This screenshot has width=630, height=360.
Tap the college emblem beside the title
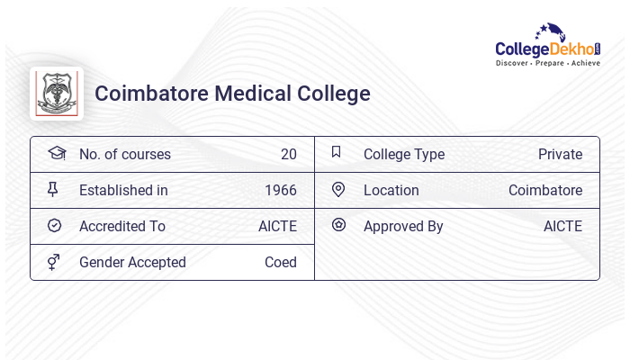click(x=57, y=94)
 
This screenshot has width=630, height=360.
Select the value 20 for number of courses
click(x=288, y=155)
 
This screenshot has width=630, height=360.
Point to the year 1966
click(x=281, y=191)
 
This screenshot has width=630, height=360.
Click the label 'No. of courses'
click(x=124, y=155)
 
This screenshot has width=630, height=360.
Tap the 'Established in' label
click(x=123, y=191)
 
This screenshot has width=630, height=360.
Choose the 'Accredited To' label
click(x=122, y=227)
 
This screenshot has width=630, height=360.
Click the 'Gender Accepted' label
click(x=132, y=263)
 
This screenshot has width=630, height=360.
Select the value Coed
click(x=281, y=263)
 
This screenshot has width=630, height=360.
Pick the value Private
click(x=560, y=155)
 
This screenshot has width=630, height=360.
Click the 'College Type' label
click(x=404, y=155)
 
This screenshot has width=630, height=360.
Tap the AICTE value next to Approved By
click(x=562, y=227)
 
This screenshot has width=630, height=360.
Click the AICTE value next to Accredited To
click(x=277, y=227)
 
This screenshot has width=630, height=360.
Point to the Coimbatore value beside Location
click(x=545, y=191)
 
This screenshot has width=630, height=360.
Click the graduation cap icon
click(x=56, y=153)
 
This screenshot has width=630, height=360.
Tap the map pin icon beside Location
click(x=338, y=190)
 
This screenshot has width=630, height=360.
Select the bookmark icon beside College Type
click(x=337, y=152)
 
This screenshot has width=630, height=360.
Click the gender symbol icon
click(x=54, y=262)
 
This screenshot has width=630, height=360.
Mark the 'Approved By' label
click(x=403, y=227)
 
